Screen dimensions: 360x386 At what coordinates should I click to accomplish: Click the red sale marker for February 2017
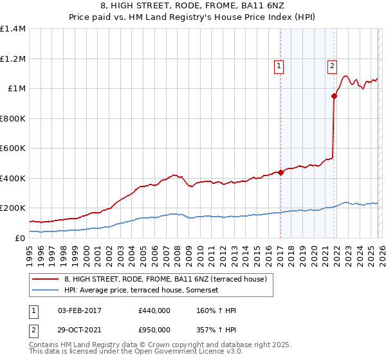tap(281, 172)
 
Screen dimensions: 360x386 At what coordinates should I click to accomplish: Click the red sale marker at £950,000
tap(335, 96)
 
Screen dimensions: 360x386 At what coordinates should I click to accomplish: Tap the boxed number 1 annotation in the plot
tap(279, 65)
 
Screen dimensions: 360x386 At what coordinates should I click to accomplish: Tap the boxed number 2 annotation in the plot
tap(332, 65)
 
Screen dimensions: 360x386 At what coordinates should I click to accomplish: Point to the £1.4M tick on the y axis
tap(13, 29)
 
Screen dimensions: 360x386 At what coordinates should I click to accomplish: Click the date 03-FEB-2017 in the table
tap(80, 310)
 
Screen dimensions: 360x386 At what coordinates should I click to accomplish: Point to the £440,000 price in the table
tap(154, 310)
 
